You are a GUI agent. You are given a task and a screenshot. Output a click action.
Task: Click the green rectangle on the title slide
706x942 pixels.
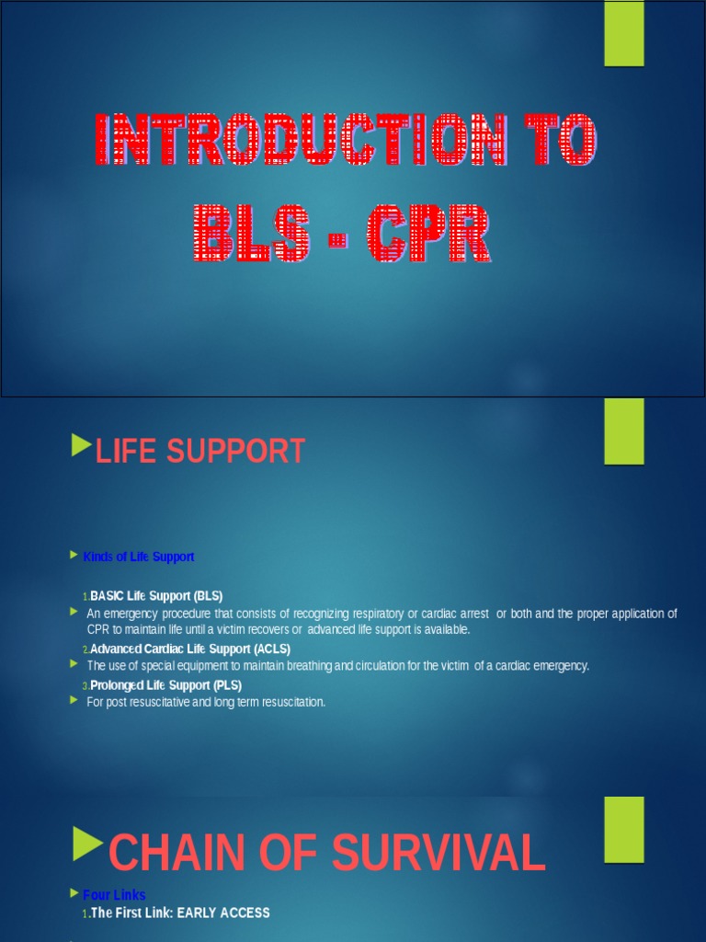[623, 33]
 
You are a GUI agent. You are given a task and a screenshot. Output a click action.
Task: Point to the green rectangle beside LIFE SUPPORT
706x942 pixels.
[623, 431]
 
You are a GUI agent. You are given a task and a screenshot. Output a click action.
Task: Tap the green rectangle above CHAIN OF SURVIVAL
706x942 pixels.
[623, 830]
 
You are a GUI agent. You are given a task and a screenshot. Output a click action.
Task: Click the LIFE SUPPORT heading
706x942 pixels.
[200, 452]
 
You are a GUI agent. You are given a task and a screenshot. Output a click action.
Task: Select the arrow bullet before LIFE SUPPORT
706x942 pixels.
[81, 449]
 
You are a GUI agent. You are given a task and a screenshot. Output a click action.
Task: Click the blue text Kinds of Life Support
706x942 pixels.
[138, 557]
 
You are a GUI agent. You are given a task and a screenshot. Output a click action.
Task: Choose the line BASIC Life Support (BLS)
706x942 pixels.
[156, 595]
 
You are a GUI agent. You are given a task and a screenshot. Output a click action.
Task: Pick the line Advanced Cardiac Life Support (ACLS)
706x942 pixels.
[190, 649]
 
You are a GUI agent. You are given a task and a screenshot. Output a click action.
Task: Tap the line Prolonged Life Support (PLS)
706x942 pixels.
[166, 685]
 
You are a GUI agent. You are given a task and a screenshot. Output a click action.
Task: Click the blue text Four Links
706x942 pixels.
[114, 895]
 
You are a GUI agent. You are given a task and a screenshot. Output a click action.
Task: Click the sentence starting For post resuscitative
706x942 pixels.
[206, 702]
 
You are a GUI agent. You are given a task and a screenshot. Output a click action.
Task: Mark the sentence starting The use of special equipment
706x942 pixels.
[337, 665]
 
